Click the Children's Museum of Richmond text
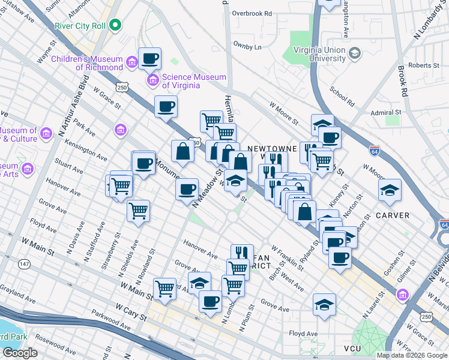[x=87, y=63]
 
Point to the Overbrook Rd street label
[x=252, y=13]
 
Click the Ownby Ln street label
[x=249, y=46]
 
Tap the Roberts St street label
[x=420, y=65]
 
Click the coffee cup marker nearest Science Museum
[x=150, y=59]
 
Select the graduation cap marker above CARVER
[x=390, y=190]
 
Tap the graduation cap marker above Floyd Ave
[x=324, y=304]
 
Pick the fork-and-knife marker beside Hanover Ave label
[x=240, y=253]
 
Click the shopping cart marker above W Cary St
[x=164, y=289]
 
